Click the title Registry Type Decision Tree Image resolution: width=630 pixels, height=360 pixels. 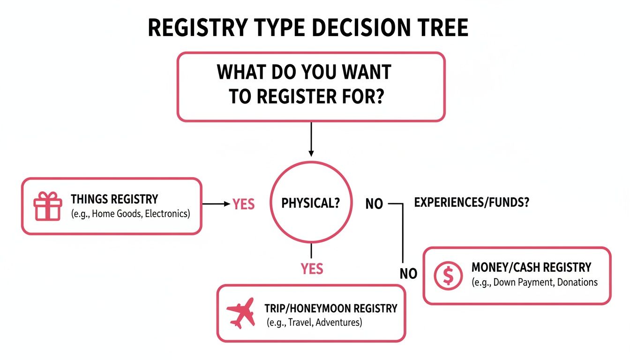pyautogui.click(x=308, y=29)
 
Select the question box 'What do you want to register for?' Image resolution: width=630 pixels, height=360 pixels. pyautogui.click(x=310, y=86)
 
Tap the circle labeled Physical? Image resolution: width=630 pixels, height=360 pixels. pyautogui.click(x=311, y=203)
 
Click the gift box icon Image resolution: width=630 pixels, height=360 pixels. pyautogui.click(x=47, y=206)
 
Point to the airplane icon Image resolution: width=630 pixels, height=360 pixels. pyautogui.click(x=240, y=313)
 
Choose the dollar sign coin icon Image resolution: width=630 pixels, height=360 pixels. pyautogui.click(x=448, y=276)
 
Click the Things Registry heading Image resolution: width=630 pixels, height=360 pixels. pyautogui.click(x=114, y=199)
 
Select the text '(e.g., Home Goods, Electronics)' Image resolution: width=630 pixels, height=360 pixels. pyautogui.click(x=130, y=214)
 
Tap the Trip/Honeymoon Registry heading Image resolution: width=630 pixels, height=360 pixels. pyautogui.click(x=330, y=308)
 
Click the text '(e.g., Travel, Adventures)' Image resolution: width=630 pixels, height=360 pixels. pyautogui.click(x=314, y=322)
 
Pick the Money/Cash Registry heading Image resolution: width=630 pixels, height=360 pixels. pyautogui.click(x=531, y=268)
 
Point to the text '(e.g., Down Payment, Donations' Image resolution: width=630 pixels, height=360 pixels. pyautogui.click(x=534, y=282)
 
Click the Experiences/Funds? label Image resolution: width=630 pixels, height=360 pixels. pyautogui.click(x=472, y=203)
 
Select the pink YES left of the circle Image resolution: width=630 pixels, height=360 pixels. pyautogui.click(x=244, y=204)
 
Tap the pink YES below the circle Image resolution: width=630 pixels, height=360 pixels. pyautogui.click(x=312, y=269)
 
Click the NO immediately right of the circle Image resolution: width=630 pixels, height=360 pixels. pyautogui.click(x=374, y=204)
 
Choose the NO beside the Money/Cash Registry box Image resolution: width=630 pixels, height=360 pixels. pyautogui.click(x=408, y=274)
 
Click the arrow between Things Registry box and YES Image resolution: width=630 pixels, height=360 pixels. pyautogui.click(x=217, y=204)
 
